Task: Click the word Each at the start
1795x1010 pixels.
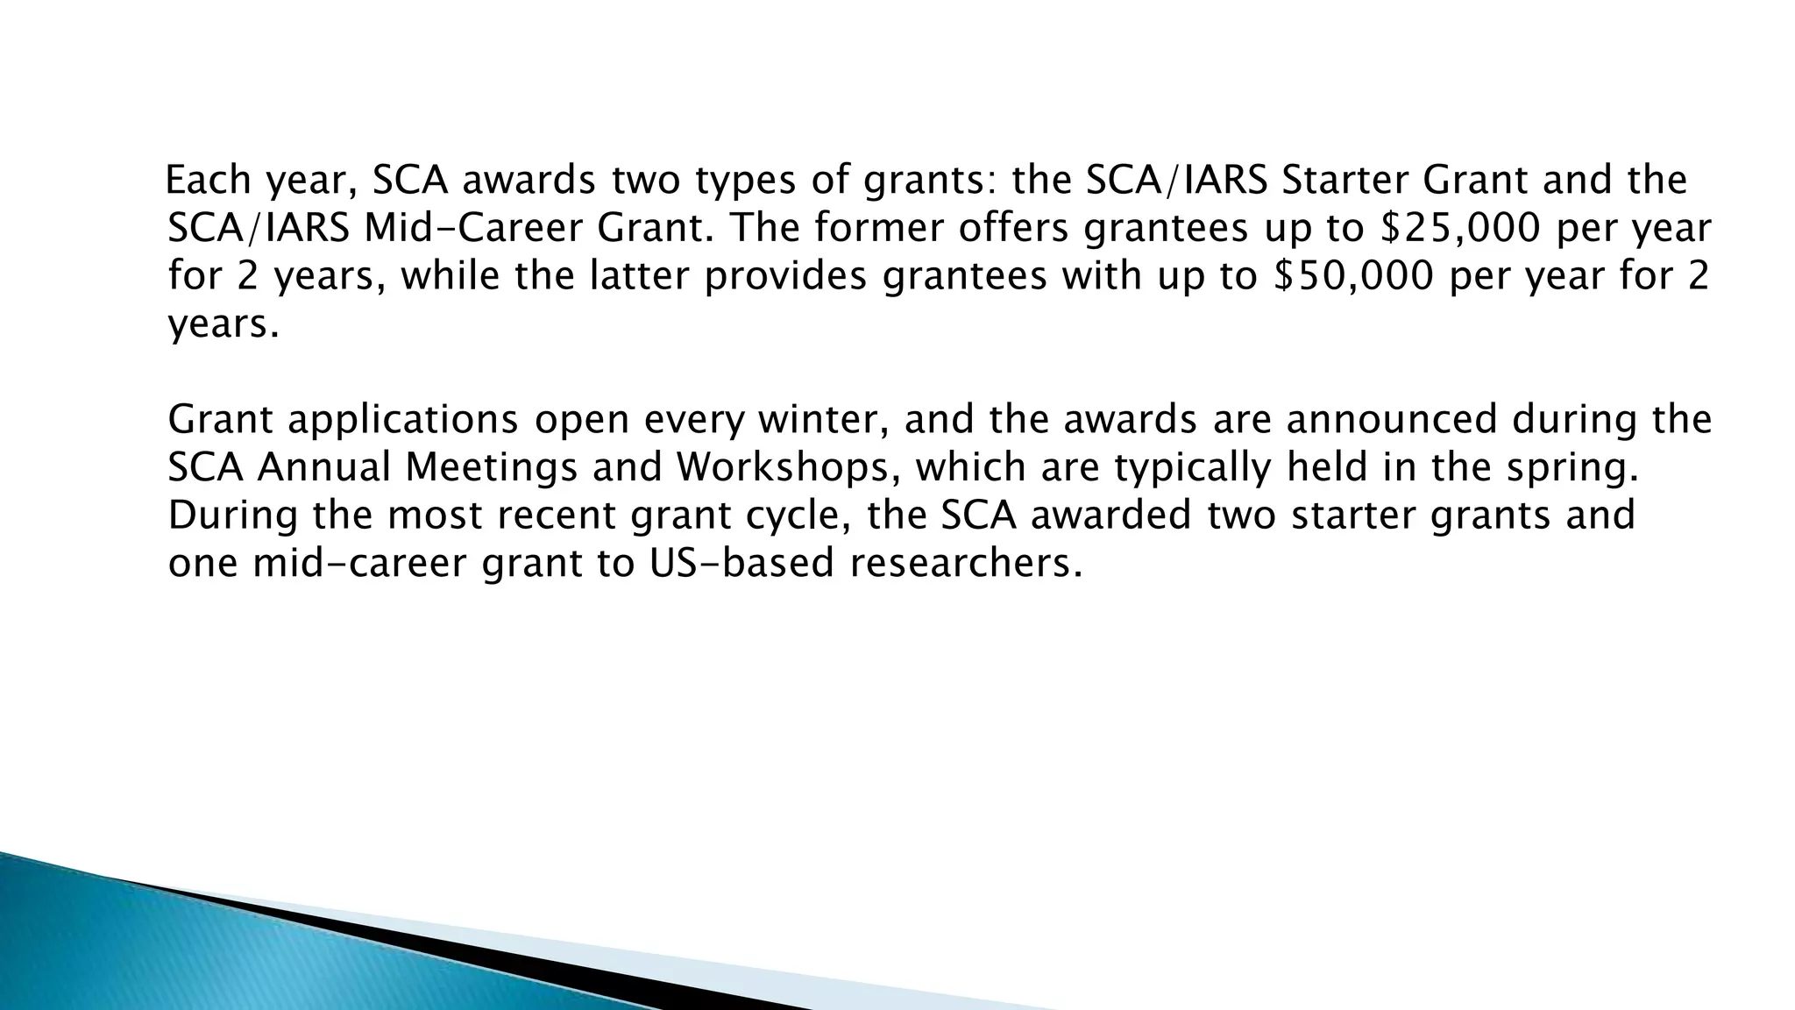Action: (x=208, y=181)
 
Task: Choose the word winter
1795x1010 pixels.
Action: (x=823, y=420)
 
